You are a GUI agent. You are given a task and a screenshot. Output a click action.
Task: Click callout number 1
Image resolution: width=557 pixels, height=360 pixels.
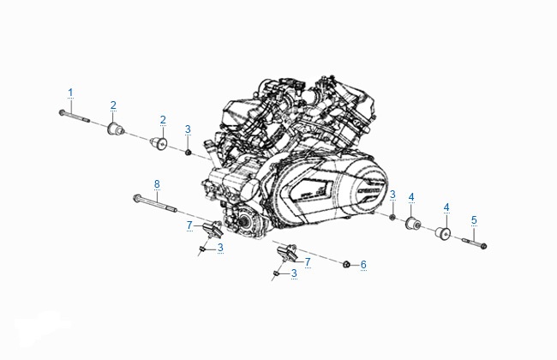(x=70, y=93)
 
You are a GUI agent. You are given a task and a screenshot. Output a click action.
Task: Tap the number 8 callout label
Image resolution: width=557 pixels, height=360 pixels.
(x=157, y=184)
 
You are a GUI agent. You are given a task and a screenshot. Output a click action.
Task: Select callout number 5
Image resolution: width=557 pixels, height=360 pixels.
(x=474, y=220)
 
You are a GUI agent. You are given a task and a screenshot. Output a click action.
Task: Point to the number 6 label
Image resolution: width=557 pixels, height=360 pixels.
(x=363, y=265)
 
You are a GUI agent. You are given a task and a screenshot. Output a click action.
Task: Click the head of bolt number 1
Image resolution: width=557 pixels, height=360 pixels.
(x=62, y=112)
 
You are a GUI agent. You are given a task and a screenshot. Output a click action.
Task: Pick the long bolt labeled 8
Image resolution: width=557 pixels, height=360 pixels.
(x=155, y=203)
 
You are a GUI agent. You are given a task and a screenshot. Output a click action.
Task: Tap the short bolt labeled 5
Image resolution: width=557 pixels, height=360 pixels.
(x=474, y=243)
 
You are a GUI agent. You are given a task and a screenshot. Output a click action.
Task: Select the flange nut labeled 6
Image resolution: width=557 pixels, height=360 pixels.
(x=346, y=264)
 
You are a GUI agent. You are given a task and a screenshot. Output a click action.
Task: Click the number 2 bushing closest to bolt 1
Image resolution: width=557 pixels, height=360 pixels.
(x=115, y=129)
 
